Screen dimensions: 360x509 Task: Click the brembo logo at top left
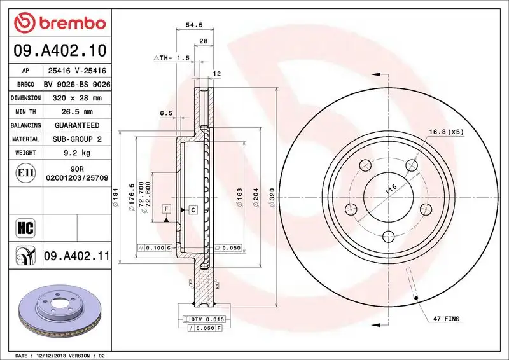click(57, 22)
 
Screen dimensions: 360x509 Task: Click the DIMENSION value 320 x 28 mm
click(77, 99)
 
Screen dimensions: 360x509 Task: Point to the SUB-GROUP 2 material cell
click(77, 139)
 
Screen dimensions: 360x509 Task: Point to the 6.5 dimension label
click(167, 113)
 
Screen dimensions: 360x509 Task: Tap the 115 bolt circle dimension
click(391, 189)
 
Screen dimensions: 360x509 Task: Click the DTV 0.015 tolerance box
click(203, 319)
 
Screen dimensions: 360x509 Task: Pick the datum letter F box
click(165, 209)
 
